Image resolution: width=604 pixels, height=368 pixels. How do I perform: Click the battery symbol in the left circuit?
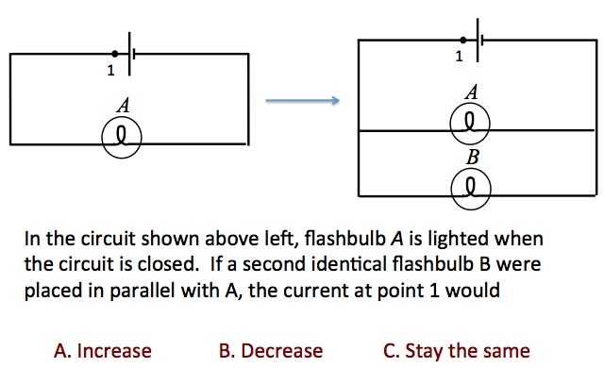click(129, 54)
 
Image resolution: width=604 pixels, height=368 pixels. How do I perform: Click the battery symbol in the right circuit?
click(477, 40)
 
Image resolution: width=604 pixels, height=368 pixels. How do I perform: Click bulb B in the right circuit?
click(469, 185)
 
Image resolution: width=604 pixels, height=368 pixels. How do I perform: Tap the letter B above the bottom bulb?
click(469, 155)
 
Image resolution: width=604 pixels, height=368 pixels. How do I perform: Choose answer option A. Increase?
click(103, 351)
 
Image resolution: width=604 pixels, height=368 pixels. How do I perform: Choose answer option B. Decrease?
click(270, 351)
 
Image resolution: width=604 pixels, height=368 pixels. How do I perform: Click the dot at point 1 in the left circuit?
click(115, 54)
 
